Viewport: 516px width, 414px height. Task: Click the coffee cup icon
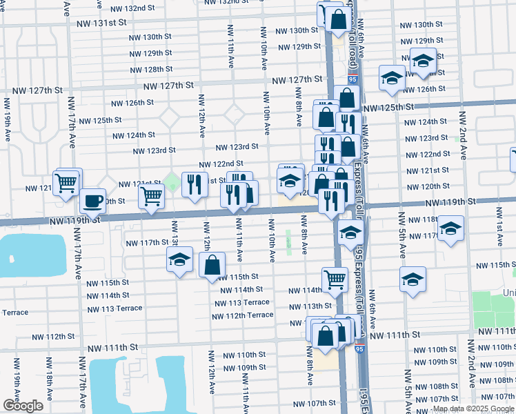click(x=92, y=201)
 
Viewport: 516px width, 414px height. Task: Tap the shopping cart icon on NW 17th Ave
click(x=66, y=184)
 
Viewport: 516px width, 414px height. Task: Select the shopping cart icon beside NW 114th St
click(x=335, y=279)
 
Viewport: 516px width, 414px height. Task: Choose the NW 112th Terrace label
click(x=242, y=315)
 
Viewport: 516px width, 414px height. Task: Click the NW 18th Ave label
click(x=49, y=377)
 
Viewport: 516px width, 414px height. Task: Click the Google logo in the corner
click(x=22, y=406)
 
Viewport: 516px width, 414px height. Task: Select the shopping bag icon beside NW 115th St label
click(x=212, y=264)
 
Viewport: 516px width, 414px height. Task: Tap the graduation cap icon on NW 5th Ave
click(x=413, y=279)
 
